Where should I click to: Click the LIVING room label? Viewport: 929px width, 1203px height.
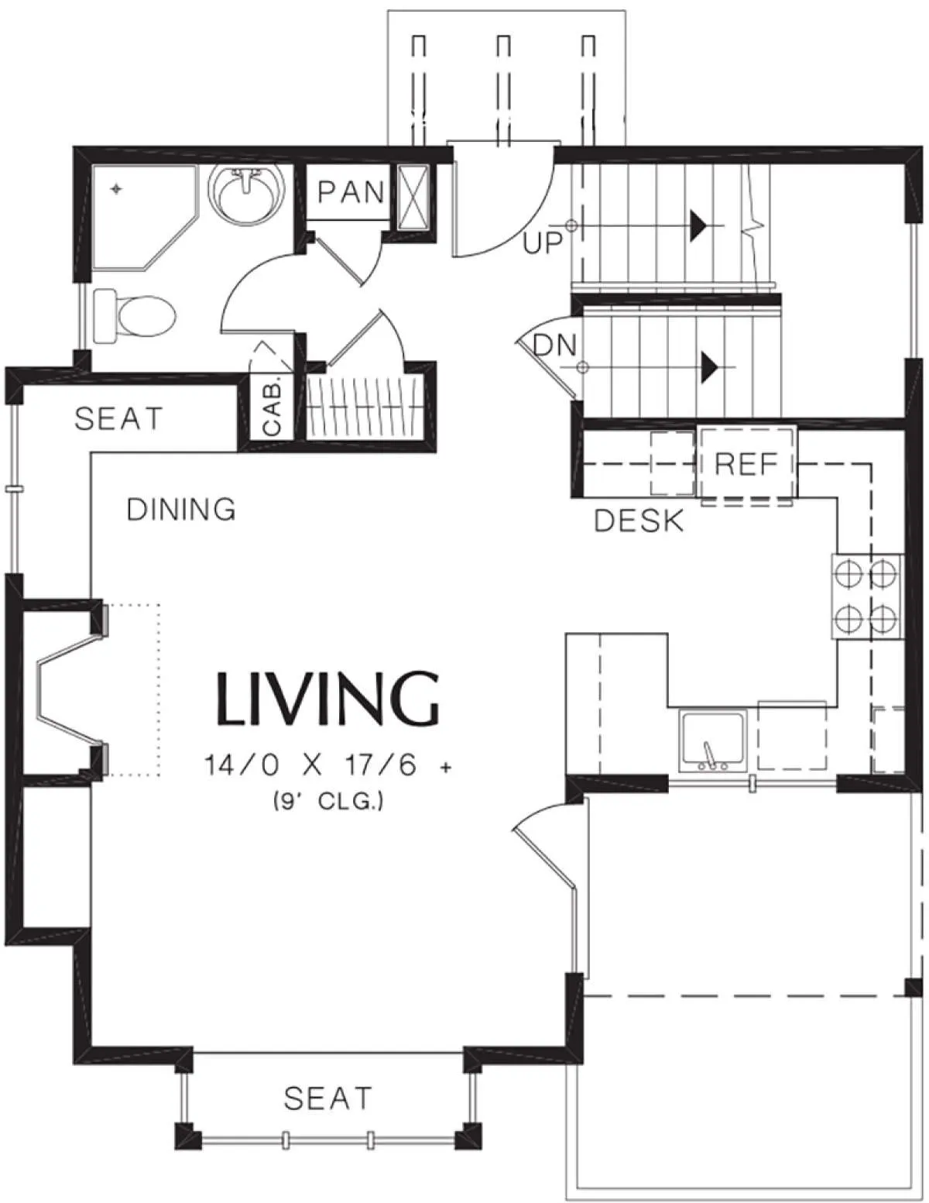pyautogui.click(x=329, y=699)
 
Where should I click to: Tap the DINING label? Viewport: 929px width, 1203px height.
pyautogui.click(x=181, y=510)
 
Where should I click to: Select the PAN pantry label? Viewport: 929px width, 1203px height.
pyautogui.click(x=351, y=192)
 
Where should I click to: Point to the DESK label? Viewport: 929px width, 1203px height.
pyautogui.click(x=639, y=521)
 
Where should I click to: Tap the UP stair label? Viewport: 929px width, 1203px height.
pyautogui.click(x=542, y=242)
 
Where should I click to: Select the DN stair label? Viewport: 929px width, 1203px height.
pyautogui.click(x=554, y=346)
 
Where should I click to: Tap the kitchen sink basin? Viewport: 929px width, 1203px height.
pyautogui.click(x=712, y=742)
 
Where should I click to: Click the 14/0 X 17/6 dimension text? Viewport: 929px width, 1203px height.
pyautogui.click(x=327, y=766)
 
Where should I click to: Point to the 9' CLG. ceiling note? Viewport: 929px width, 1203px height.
pyautogui.click(x=327, y=801)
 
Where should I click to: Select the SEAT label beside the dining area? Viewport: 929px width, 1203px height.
pyautogui.click(x=118, y=418)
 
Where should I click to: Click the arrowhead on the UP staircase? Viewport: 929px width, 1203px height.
pyautogui.click(x=698, y=226)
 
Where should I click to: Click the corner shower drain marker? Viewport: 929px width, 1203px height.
pyautogui.click(x=115, y=189)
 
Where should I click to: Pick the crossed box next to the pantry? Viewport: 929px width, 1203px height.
pyautogui.click(x=413, y=197)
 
